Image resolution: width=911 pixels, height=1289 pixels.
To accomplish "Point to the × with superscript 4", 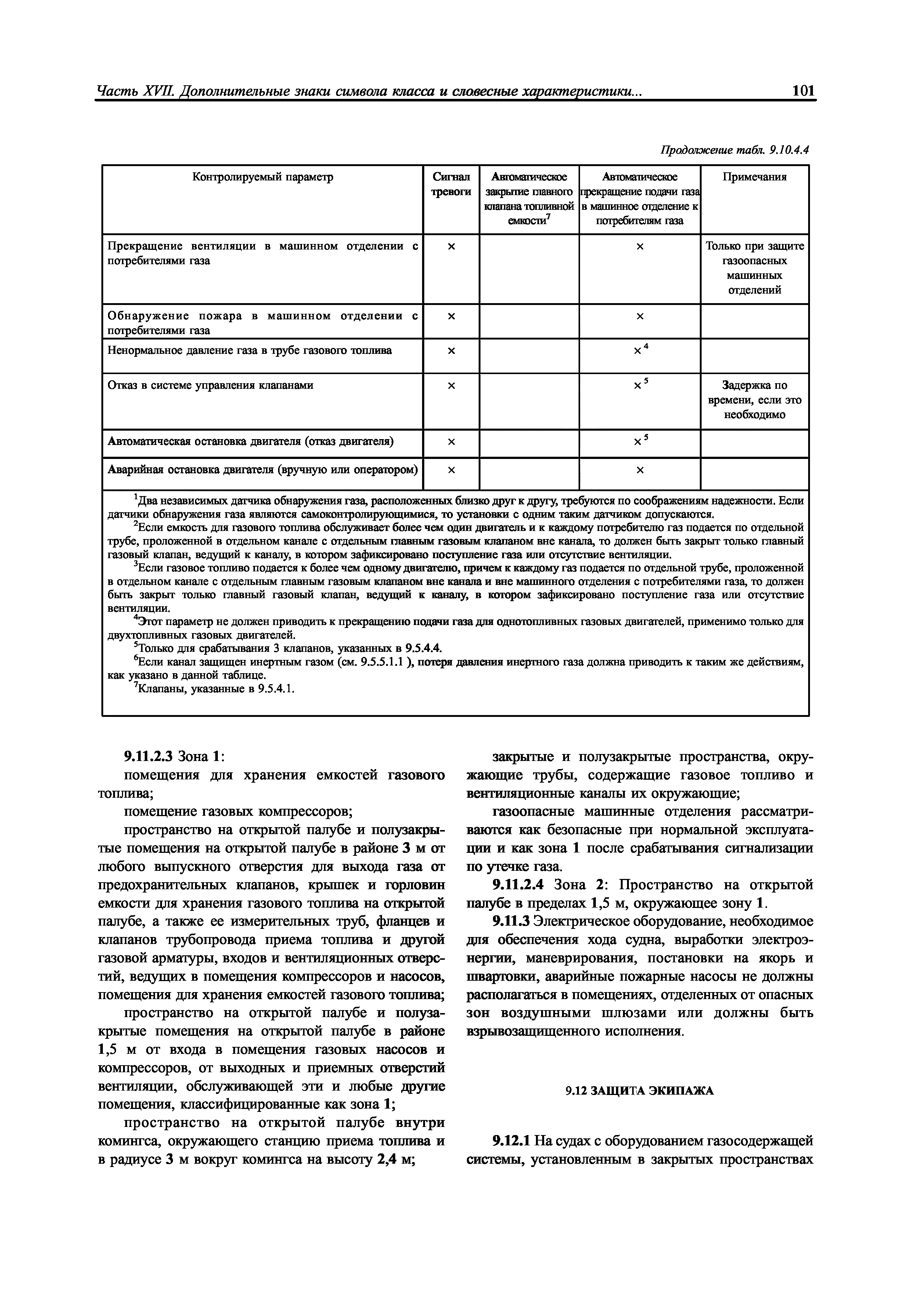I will [x=640, y=350].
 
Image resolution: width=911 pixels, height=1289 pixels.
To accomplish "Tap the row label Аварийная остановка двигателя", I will [x=262, y=469].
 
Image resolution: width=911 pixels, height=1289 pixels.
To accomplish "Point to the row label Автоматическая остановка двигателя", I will [x=251, y=442].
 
